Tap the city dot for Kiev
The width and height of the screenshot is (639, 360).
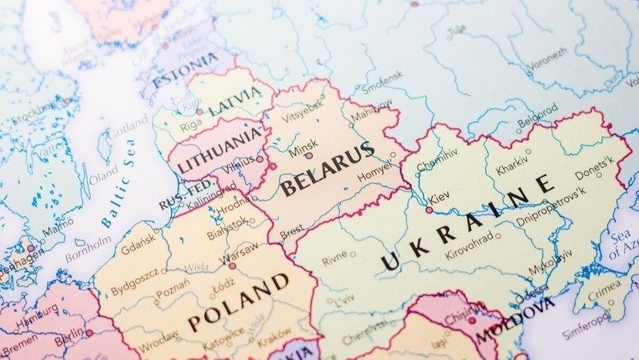[429, 210]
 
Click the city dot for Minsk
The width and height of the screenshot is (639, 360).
[308, 156]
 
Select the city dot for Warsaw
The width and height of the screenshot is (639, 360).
[232, 266]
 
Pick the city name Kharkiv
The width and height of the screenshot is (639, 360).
[512, 170]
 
